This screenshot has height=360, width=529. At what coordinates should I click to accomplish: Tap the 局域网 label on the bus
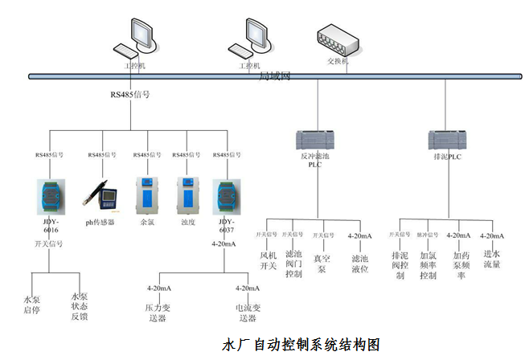click(x=275, y=76)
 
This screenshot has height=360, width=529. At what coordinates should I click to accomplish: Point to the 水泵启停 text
click(x=31, y=305)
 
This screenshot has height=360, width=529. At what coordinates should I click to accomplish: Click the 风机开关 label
click(x=268, y=261)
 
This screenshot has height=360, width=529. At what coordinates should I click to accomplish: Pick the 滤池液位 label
click(x=359, y=264)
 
